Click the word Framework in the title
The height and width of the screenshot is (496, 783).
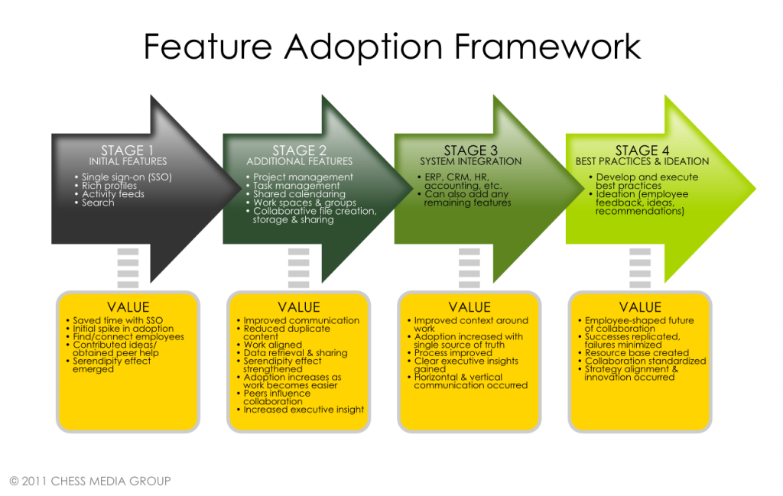(547, 47)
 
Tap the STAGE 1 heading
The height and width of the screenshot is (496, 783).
(128, 151)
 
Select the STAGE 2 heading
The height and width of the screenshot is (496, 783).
(299, 151)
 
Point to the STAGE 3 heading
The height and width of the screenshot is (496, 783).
(470, 151)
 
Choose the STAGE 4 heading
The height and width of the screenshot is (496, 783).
(642, 151)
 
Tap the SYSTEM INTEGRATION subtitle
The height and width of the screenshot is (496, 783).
(470, 162)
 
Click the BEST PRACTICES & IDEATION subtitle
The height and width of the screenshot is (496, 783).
(642, 162)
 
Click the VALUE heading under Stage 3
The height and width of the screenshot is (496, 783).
(469, 307)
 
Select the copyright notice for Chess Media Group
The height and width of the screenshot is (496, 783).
(90, 481)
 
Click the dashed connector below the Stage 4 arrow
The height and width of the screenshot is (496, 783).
(640, 268)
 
